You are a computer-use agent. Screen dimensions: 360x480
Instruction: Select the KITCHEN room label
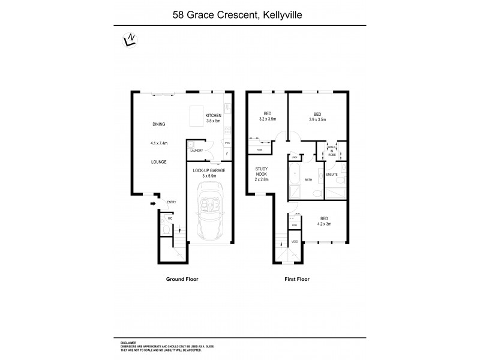(x=214, y=115)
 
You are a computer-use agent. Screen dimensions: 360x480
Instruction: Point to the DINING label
(x=158, y=124)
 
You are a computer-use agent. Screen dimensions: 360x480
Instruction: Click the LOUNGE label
(x=158, y=162)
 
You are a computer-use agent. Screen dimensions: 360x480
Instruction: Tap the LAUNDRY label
(x=197, y=150)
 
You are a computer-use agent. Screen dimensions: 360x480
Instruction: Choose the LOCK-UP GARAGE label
(x=209, y=170)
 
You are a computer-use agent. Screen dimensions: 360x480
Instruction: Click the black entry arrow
(x=152, y=203)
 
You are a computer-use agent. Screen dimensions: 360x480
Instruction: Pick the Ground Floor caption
(x=182, y=279)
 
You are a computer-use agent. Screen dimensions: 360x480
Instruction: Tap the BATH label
(x=308, y=179)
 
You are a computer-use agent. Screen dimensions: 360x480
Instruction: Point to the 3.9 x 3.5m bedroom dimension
(x=317, y=120)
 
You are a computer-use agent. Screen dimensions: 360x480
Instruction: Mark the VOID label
(x=295, y=241)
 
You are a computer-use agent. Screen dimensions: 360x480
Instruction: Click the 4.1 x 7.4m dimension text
(x=158, y=143)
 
